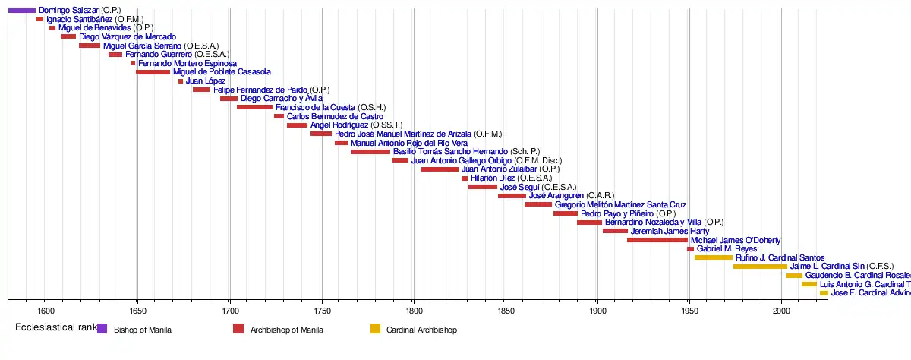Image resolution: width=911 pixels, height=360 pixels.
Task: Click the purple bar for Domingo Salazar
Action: coord(22,10)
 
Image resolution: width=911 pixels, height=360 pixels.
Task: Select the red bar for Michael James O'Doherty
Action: coord(657,240)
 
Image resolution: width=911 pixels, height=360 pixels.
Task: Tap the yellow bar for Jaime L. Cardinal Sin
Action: coord(760,267)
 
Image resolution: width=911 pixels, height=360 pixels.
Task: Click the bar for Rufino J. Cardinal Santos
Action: coord(714,257)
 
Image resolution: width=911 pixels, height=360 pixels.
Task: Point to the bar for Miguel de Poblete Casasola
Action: coord(153,72)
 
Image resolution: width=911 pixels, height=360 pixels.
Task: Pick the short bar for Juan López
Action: coord(181,81)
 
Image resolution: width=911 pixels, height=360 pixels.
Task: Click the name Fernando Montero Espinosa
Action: coord(188,63)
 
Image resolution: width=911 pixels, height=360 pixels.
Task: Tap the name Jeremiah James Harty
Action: coord(670,231)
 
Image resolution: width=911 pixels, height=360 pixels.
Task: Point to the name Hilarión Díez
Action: coord(493,178)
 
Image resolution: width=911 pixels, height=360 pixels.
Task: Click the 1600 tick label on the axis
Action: coord(46,311)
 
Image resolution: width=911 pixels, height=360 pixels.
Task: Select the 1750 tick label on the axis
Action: coord(322,311)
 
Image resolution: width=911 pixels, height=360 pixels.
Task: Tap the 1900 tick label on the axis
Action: coord(597,311)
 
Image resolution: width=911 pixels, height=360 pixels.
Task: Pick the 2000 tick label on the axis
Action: coord(782,311)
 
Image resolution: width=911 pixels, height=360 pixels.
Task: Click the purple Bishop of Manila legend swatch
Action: coord(102,329)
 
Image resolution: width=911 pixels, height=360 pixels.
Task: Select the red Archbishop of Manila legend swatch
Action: coord(238,329)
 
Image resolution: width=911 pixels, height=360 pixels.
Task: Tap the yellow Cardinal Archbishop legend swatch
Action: coord(375,329)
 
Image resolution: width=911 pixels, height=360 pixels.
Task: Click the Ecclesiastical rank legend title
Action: coord(55,327)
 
